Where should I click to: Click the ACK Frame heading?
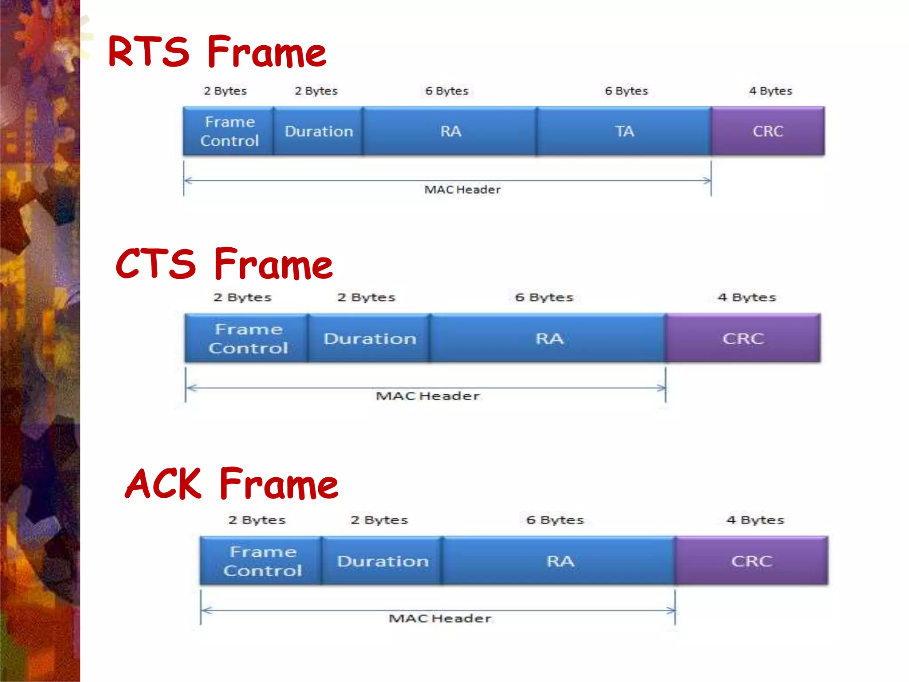click(232, 484)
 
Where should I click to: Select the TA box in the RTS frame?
click(624, 131)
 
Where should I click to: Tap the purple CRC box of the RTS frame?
click(768, 131)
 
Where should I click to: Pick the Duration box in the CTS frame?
click(369, 339)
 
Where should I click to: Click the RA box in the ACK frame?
click(560, 561)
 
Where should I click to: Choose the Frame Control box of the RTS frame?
click(229, 131)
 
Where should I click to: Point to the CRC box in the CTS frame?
click(743, 339)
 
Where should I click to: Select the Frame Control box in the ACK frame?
click(262, 561)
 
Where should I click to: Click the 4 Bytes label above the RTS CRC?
click(771, 91)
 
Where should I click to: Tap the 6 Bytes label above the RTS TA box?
click(626, 91)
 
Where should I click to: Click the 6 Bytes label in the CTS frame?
click(544, 297)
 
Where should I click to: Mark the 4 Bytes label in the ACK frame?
click(755, 520)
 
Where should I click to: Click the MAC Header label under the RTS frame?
click(462, 190)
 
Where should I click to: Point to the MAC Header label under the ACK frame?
click(440, 619)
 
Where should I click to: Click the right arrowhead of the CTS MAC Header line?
click(662, 388)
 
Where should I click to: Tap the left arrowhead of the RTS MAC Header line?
click(188, 180)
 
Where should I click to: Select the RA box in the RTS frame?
click(451, 131)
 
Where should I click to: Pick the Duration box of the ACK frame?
click(383, 561)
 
